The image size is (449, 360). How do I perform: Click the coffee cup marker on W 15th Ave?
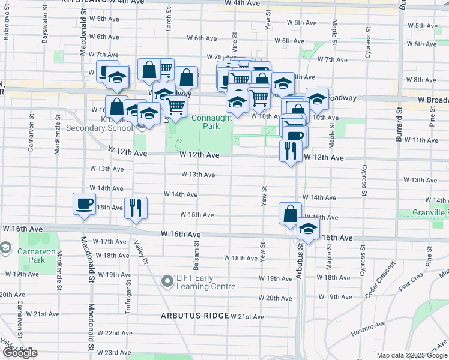tap(84, 204)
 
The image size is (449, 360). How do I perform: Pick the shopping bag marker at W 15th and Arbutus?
tap(290, 214)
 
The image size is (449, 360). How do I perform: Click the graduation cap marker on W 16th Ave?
tap(309, 229)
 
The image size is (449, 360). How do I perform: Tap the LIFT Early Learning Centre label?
tap(205, 282)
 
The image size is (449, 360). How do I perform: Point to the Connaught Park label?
tap(211, 122)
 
